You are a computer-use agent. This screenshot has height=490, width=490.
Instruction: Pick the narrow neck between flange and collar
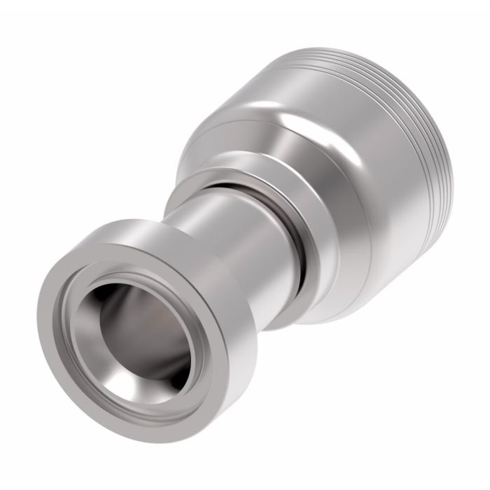[x=231, y=231]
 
